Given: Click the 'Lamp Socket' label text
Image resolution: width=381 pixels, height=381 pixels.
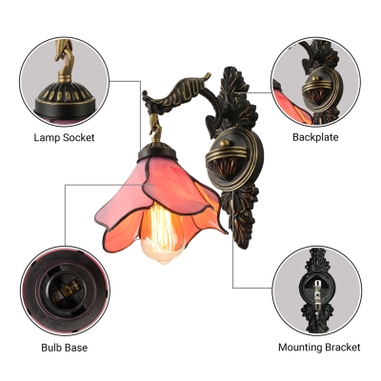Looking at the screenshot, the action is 64,138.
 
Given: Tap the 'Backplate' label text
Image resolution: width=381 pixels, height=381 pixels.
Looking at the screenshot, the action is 315,137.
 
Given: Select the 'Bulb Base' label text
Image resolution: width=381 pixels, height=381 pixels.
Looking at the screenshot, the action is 65,348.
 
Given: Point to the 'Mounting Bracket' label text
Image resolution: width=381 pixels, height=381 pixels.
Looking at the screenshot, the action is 319,348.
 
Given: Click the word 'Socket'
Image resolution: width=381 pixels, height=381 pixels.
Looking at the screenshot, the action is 79,138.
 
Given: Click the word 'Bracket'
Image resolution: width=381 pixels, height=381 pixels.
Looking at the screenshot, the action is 342,348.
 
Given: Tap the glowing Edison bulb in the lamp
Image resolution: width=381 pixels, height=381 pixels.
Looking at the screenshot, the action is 159,233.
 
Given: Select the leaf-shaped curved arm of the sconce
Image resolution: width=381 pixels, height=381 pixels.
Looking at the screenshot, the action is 178,92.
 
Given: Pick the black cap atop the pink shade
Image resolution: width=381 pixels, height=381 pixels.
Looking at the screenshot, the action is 157,151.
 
